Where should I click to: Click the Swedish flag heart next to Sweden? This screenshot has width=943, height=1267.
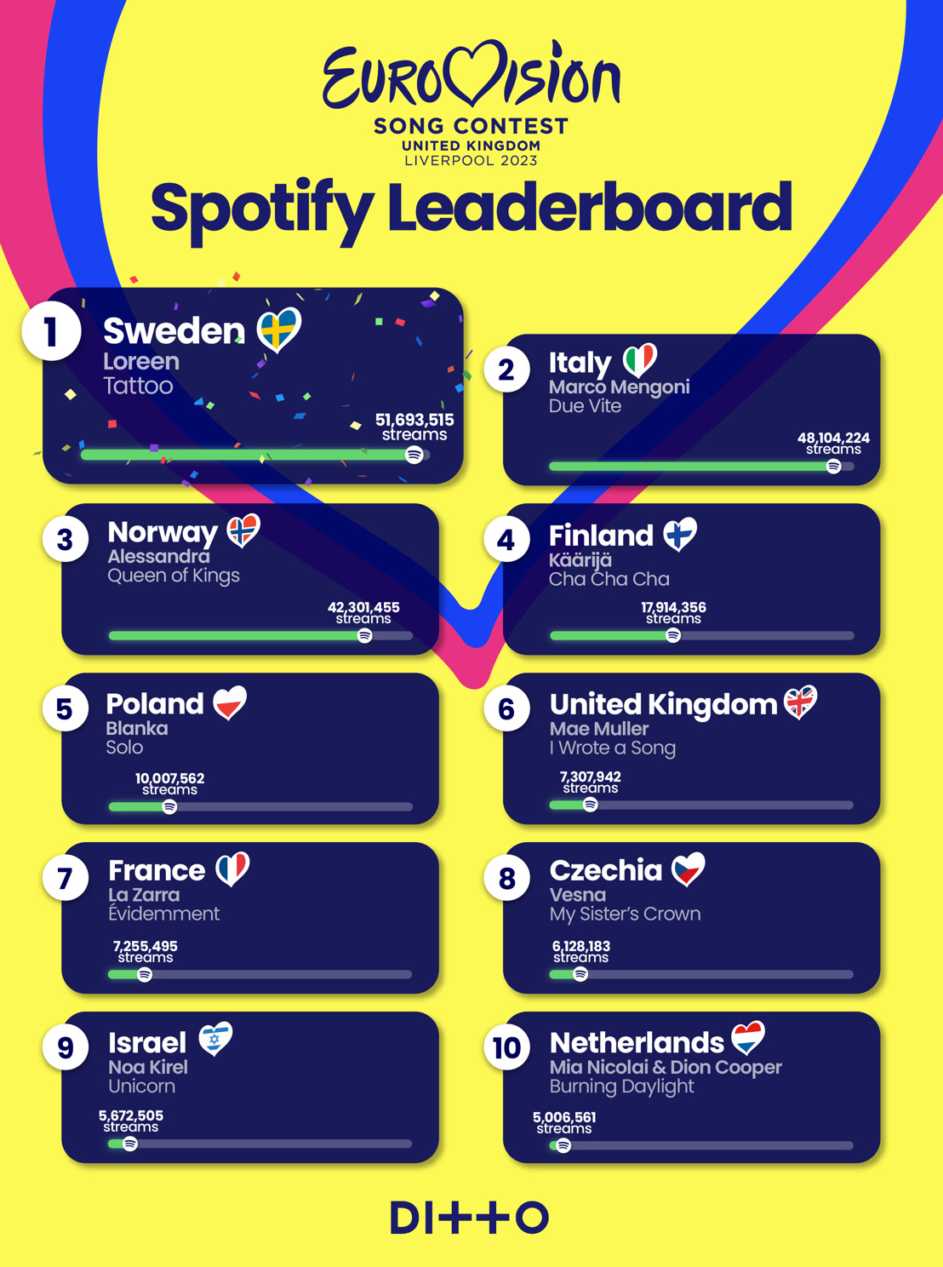279,329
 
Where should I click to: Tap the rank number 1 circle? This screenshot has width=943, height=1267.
51,330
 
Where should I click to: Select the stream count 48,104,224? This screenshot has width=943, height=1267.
832,438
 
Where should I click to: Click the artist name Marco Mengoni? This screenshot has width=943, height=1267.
619,387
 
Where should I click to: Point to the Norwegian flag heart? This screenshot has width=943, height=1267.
243,530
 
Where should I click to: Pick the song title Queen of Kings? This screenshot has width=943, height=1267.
174,576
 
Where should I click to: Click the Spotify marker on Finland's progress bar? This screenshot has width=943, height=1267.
673,635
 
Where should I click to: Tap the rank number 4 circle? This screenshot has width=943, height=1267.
506,539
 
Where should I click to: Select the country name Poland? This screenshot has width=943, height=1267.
155,704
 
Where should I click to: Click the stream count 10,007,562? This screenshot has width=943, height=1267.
169,778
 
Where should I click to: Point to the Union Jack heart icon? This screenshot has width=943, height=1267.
800,702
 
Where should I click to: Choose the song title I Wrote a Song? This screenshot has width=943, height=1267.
613,748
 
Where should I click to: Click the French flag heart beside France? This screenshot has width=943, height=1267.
232,869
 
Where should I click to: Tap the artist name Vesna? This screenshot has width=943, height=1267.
578,895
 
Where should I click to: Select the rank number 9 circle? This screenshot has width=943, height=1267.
66,1046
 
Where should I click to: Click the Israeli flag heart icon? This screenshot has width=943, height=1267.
215,1038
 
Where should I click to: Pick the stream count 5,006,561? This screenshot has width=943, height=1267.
564,1117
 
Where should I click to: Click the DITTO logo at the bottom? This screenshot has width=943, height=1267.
470,1218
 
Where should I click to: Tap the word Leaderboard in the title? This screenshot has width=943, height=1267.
590,208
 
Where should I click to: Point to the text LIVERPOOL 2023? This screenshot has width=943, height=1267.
471,161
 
